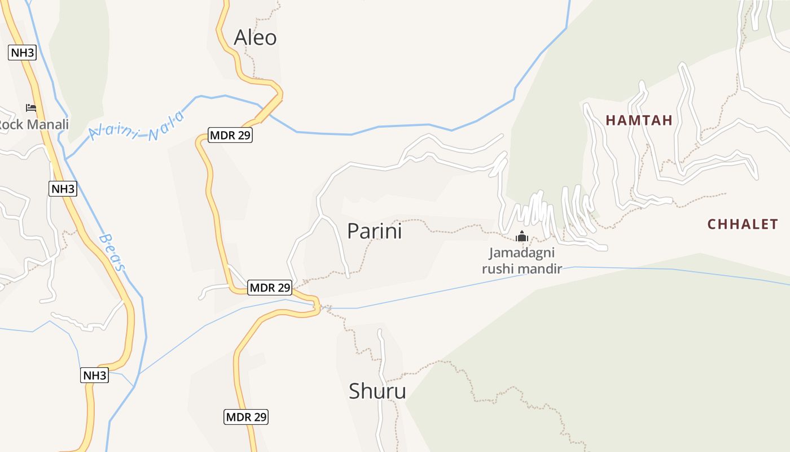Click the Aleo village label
coord(255,37)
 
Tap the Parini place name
coord(374,231)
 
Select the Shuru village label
coord(377,391)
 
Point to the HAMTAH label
coord(639,120)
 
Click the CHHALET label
coord(743,224)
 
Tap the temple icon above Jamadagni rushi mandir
coord(522,236)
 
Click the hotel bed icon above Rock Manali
coord(31,107)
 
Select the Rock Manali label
coord(34,124)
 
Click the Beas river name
coord(113,253)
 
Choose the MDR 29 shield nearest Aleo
coord(230,135)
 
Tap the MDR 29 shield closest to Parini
coord(270,288)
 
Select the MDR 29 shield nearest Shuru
coord(246,417)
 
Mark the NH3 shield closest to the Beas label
coord(63,189)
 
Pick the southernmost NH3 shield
coord(94,375)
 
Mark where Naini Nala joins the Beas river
coord(67,159)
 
